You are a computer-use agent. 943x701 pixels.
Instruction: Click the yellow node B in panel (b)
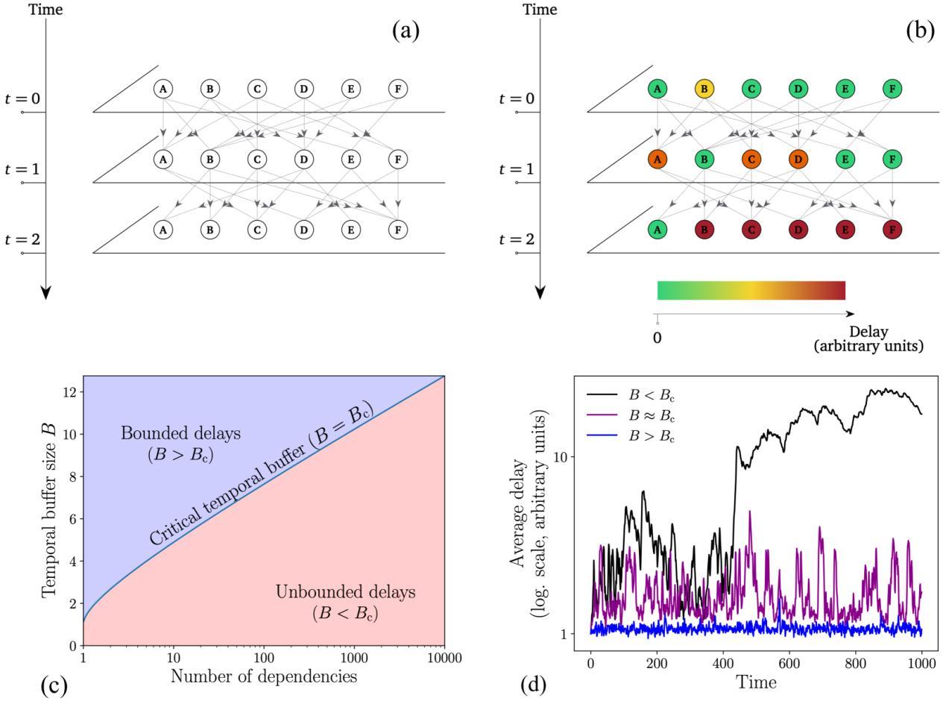[x=704, y=89]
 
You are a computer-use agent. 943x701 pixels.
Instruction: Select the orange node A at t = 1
[x=657, y=160]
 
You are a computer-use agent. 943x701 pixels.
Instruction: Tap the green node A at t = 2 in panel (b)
[x=657, y=230]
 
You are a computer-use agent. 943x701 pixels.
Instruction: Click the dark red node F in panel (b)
[x=892, y=230]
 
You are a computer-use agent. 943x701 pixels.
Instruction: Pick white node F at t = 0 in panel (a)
[x=398, y=89]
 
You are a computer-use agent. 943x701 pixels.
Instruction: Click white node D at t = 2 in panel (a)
[x=304, y=230]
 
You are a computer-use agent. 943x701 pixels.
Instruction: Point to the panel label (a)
[x=406, y=31]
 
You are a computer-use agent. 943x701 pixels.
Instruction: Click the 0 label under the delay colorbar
[x=657, y=338]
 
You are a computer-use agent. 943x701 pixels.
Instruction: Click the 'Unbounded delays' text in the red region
[x=345, y=593]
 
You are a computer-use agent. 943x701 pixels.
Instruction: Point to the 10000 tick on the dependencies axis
[x=444, y=658]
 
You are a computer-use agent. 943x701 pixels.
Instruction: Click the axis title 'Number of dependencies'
[x=263, y=677]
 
